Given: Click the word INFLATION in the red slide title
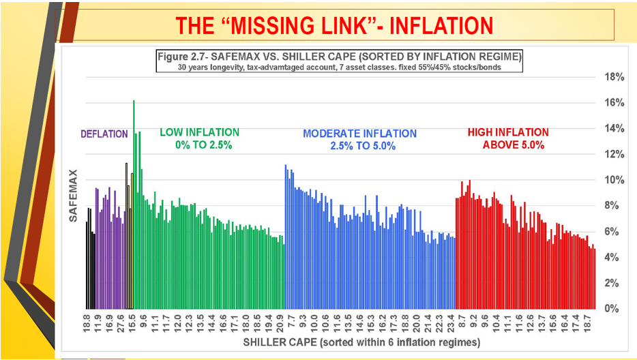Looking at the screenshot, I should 436,25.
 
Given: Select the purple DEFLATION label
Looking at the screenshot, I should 104,134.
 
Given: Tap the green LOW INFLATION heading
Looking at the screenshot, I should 199,132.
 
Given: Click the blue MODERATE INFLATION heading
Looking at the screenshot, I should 359,134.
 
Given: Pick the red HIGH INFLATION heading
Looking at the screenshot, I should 508,132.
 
